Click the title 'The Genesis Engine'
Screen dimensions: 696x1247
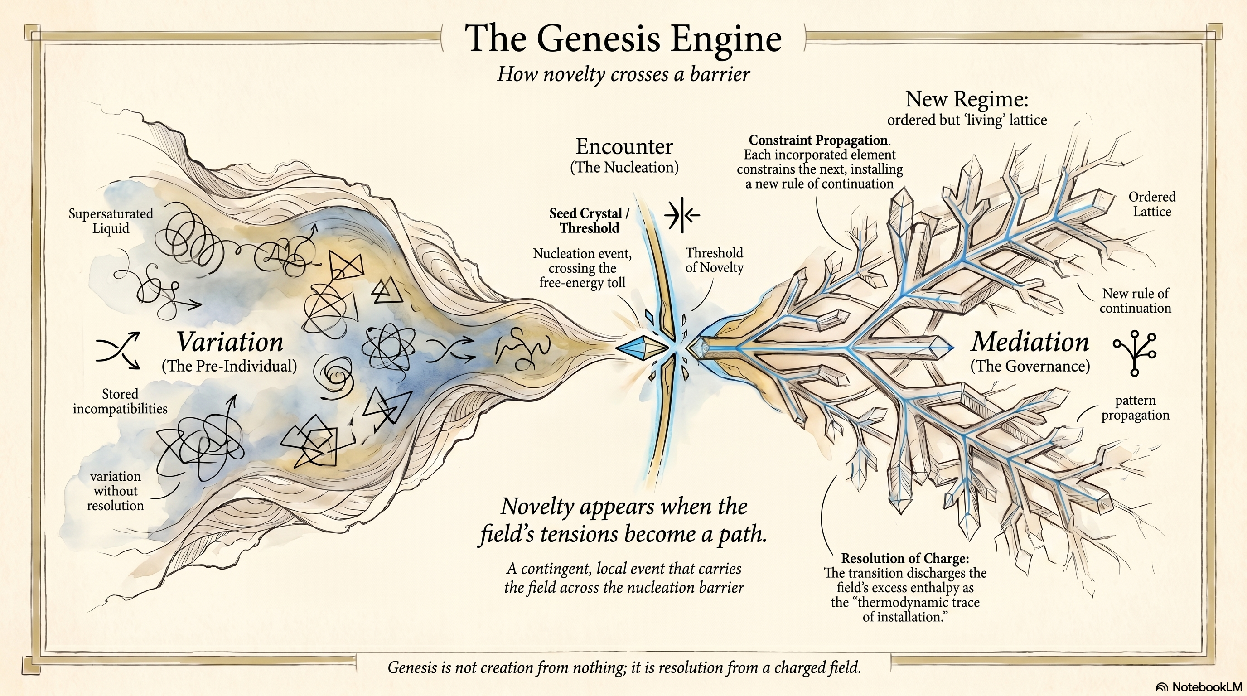pyautogui.click(x=623, y=39)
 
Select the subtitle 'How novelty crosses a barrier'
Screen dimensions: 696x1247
pyautogui.click(x=623, y=74)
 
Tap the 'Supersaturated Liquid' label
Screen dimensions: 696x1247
pyautogui.click(x=111, y=221)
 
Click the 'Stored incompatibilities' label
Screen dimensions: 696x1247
pyautogui.click(x=120, y=401)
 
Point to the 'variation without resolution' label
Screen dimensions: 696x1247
pyautogui.click(x=116, y=491)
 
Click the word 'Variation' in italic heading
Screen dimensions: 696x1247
pyautogui.click(x=229, y=342)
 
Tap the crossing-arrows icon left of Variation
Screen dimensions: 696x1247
pyautogui.click(x=118, y=350)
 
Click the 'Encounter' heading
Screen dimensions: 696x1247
pyautogui.click(x=624, y=146)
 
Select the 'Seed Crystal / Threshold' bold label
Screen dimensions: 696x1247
pyautogui.click(x=589, y=221)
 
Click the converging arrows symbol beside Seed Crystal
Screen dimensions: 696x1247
pyautogui.click(x=681, y=214)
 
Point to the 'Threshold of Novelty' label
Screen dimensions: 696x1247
pyautogui.click(x=714, y=260)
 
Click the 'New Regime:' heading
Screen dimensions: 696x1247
pyautogui.click(x=966, y=99)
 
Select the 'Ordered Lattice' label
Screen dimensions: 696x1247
pyautogui.click(x=1152, y=204)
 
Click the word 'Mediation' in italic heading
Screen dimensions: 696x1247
pyautogui.click(x=1029, y=342)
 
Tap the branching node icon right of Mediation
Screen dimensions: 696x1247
pyautogui.click(x=1135, y=353)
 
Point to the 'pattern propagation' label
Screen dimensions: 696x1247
pyautogui.click(x=1135, y=407)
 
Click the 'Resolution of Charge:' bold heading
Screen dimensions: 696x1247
pyautogui.click(x=905, y=559)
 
